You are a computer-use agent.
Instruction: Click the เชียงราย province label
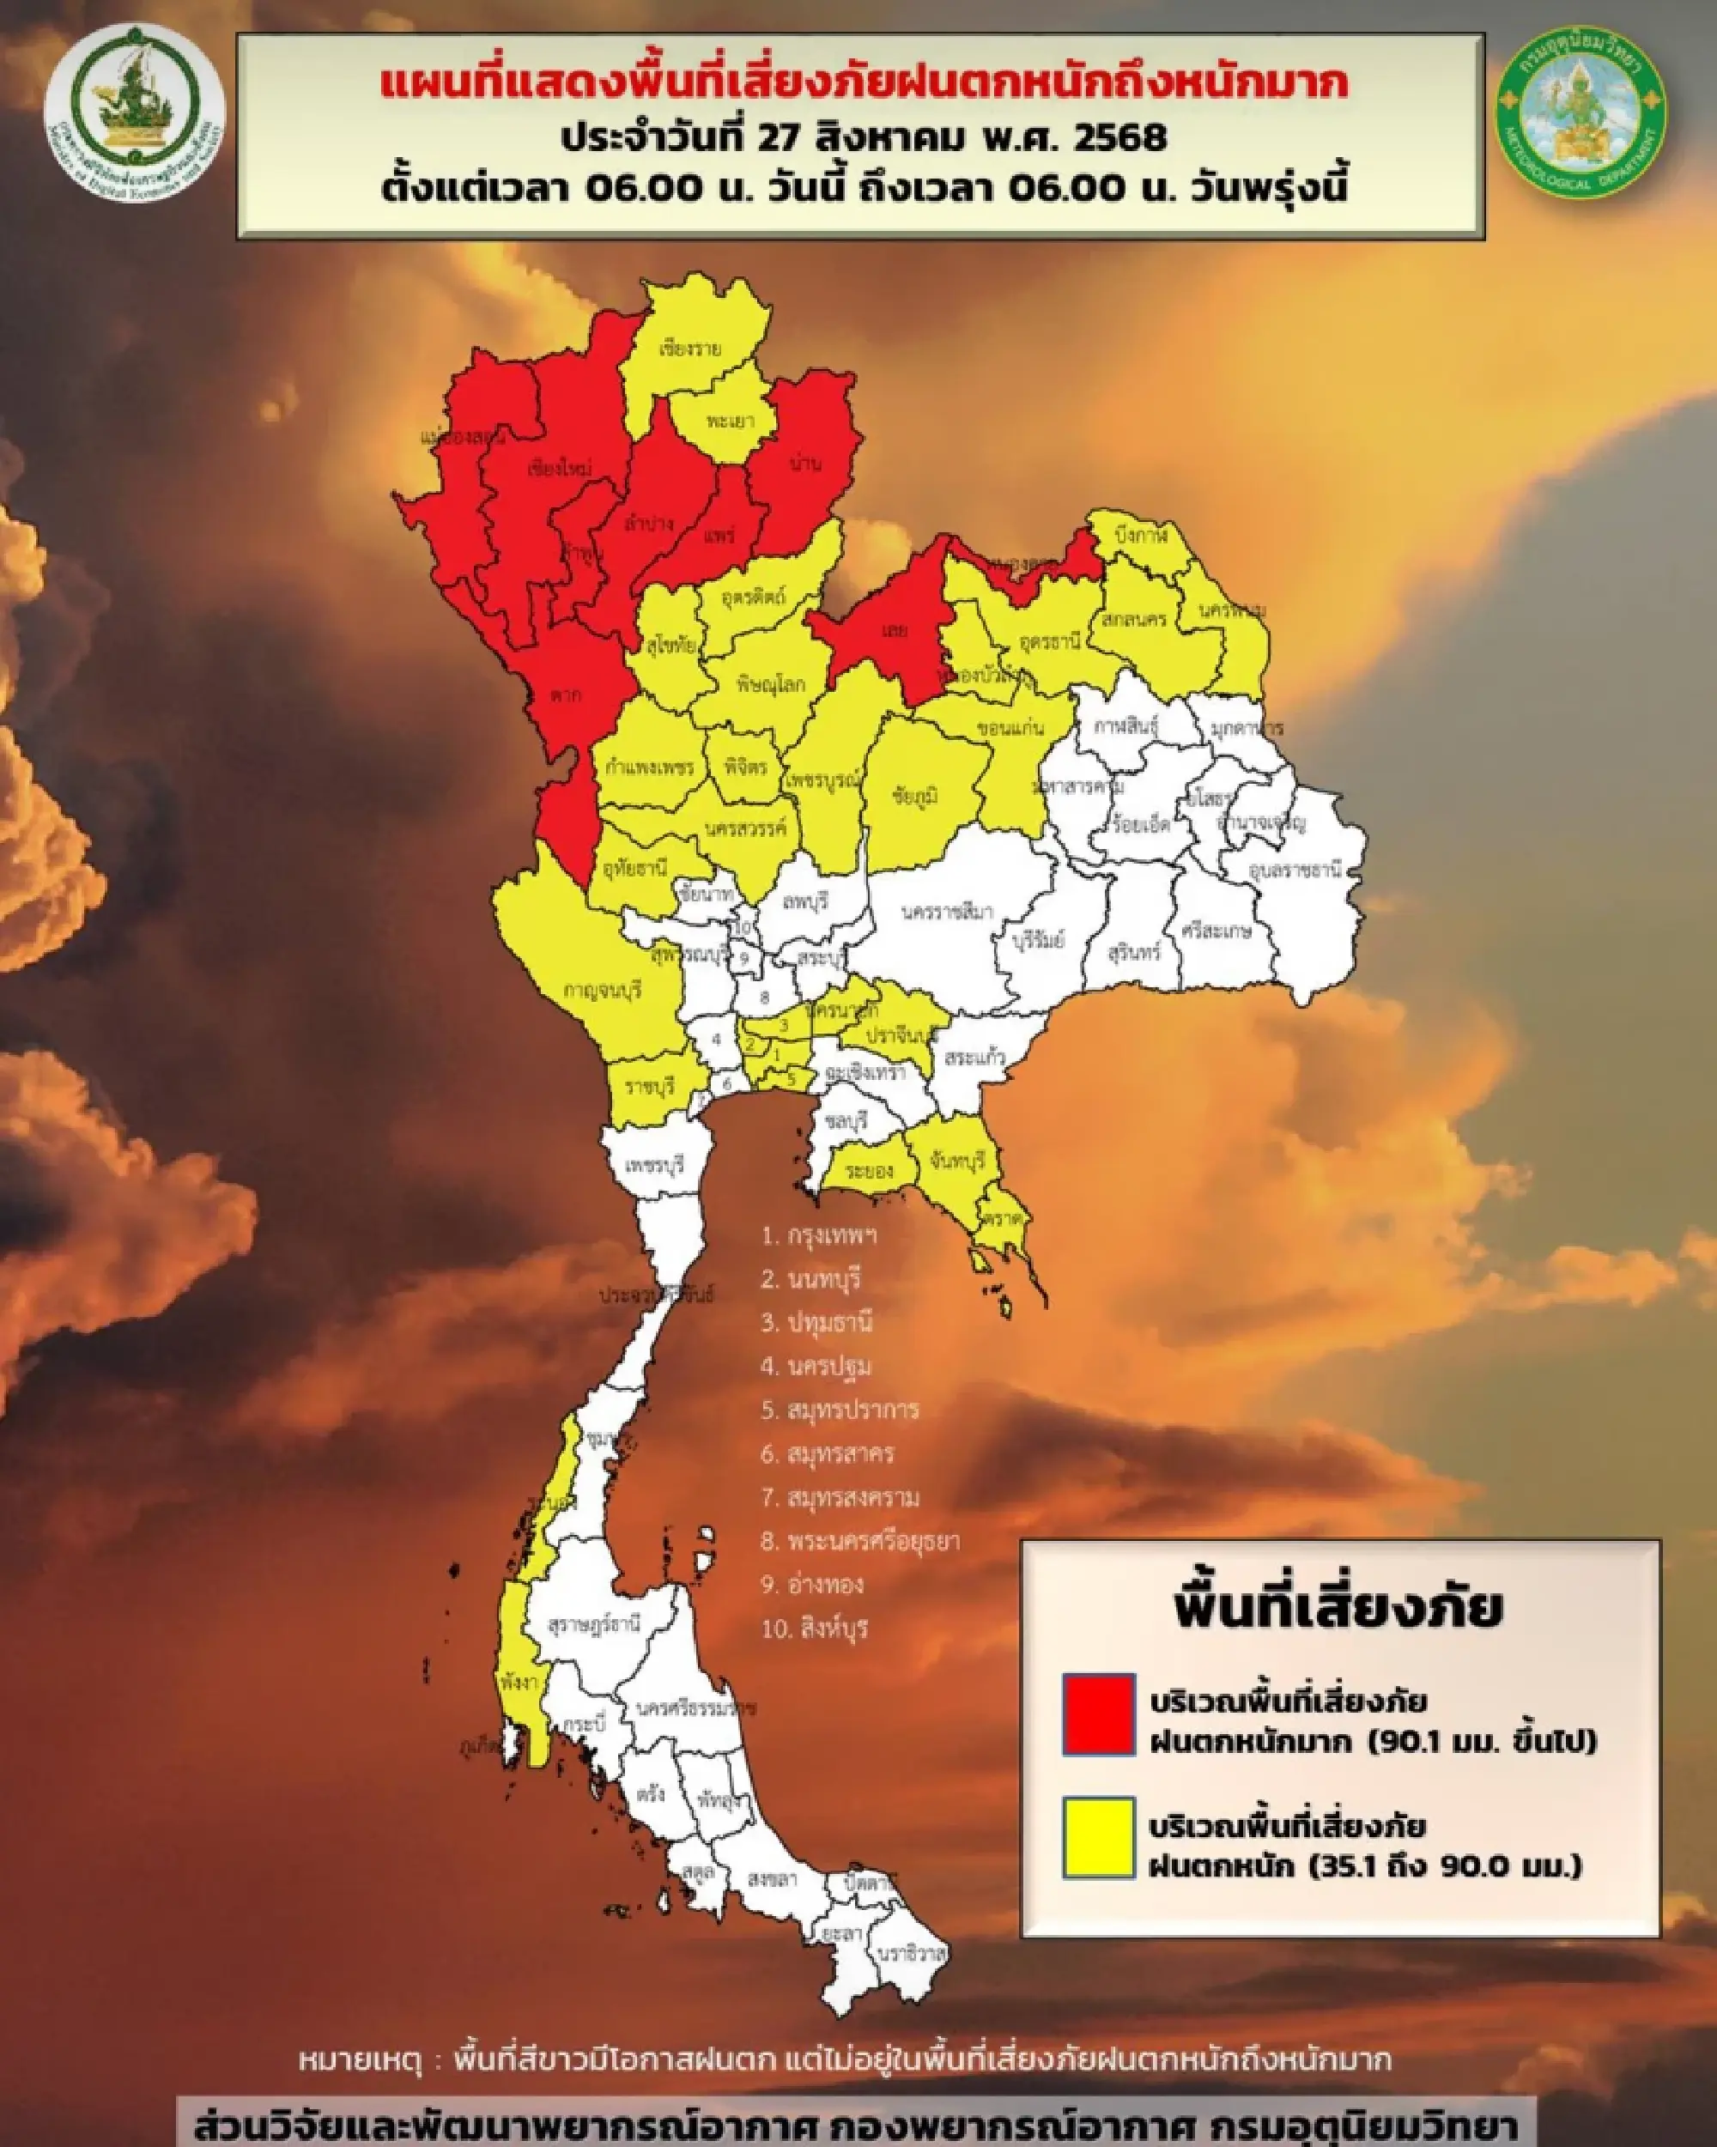pyautogui.click(x=689, y=349)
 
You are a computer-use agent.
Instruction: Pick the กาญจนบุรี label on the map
pyautogui.click(x=602, y=991)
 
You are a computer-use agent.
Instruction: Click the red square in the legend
pyautogui.click(x=1099, y=1713)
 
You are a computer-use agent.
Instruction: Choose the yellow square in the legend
pyautogui.click(x=1099, y=1837)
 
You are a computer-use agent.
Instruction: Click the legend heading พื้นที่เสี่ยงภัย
pyautogui.click(x=1338, y=1605)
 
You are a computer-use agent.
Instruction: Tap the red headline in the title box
pyautogui.click(x=864, y=83)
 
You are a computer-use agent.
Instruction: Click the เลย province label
pyautogui.click(x=894, y=629)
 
